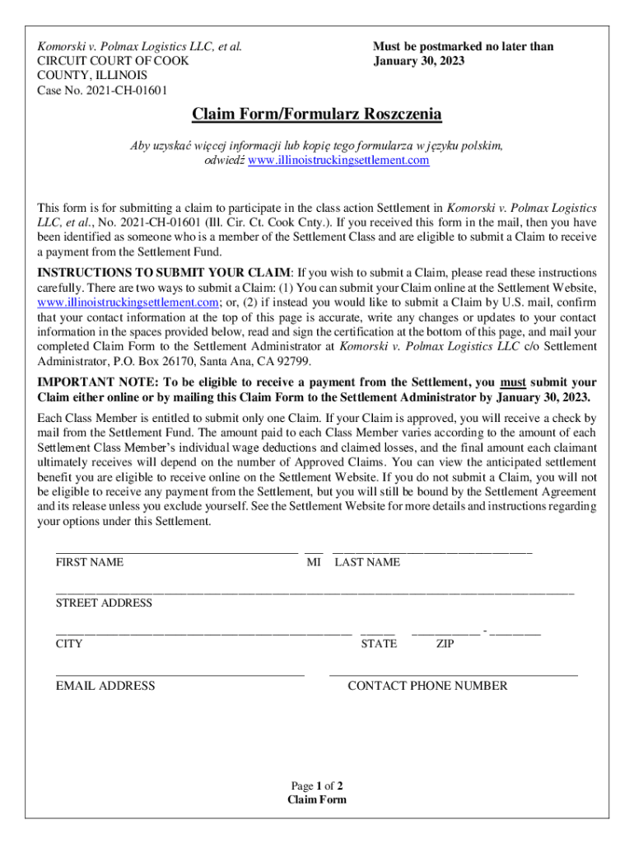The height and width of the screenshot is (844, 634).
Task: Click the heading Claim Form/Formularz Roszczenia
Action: tap(317, 114)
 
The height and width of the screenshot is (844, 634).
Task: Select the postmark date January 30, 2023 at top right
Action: tap(418, 61)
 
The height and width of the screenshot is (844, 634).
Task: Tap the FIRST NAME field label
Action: tap(90, 562)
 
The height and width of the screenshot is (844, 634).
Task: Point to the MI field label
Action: tap(313, 562)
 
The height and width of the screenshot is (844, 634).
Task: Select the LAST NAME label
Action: tap(367, 562)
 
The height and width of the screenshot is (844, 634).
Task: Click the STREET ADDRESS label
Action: tap(104, 603)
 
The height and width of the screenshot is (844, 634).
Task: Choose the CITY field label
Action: tap(69, 644)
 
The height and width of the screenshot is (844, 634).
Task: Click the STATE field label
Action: tap(379, 644)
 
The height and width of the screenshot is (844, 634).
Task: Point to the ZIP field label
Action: tap(445, 644)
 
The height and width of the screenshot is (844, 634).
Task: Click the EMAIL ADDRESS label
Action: tap(105, 686)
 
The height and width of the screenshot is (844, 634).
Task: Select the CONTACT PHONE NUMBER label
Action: tap(427, 686)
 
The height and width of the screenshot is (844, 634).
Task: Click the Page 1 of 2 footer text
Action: tap(317, 785)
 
